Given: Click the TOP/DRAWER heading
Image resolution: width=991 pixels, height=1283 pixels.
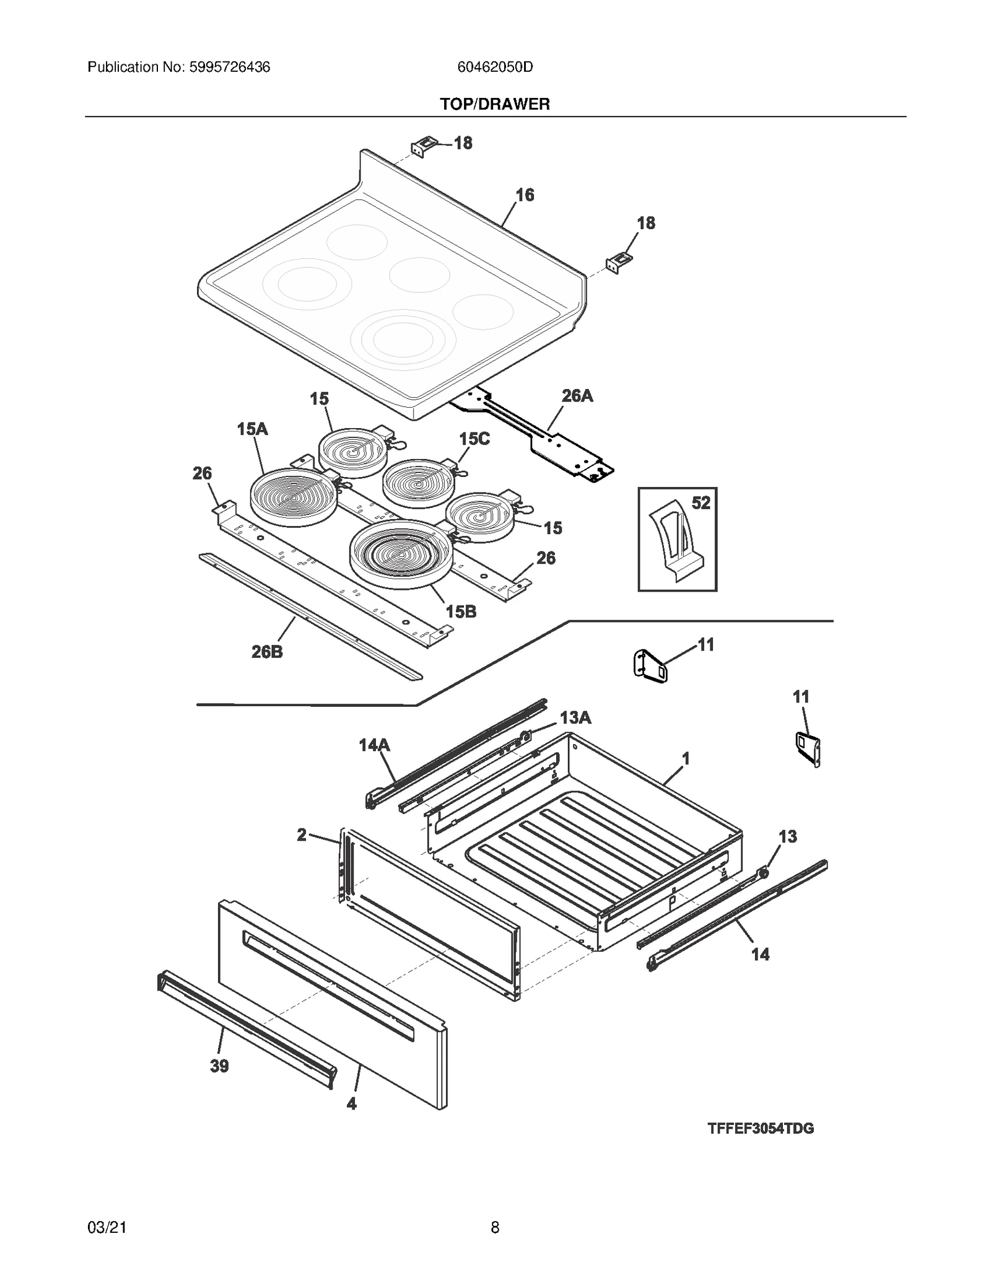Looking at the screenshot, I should click(x=494, y=104).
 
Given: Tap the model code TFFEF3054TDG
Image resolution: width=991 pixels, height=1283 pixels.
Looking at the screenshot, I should click(x=760, y=1145).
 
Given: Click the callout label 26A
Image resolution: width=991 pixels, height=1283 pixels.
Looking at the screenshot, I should click(x=577, y=396).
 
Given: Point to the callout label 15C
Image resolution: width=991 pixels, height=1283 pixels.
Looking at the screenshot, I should click(x=474, y=439).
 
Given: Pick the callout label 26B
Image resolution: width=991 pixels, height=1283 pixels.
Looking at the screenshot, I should click(x=267, y=652).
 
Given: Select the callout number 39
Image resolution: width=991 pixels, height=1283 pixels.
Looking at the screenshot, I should click(x=219, y=1066).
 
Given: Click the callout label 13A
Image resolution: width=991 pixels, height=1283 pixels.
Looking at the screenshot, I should click(x=575, y=718).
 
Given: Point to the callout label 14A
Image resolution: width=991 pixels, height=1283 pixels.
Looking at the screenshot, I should click(x=374, y=745).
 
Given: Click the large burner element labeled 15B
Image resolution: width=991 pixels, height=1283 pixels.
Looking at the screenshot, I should click(x=401, y=553).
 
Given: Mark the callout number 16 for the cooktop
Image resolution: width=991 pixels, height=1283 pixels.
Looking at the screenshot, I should click(x=524, y=195).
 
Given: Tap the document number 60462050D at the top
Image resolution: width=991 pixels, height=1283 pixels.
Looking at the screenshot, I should click(x=494, y=67).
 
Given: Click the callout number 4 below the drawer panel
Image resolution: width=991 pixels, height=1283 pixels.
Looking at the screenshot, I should click(x=351, y=1103).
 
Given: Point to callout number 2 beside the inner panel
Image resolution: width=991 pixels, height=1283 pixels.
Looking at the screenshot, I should click(x=302, y=835).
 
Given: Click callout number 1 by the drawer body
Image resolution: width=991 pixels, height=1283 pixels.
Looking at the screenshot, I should click(x=685, y=758).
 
